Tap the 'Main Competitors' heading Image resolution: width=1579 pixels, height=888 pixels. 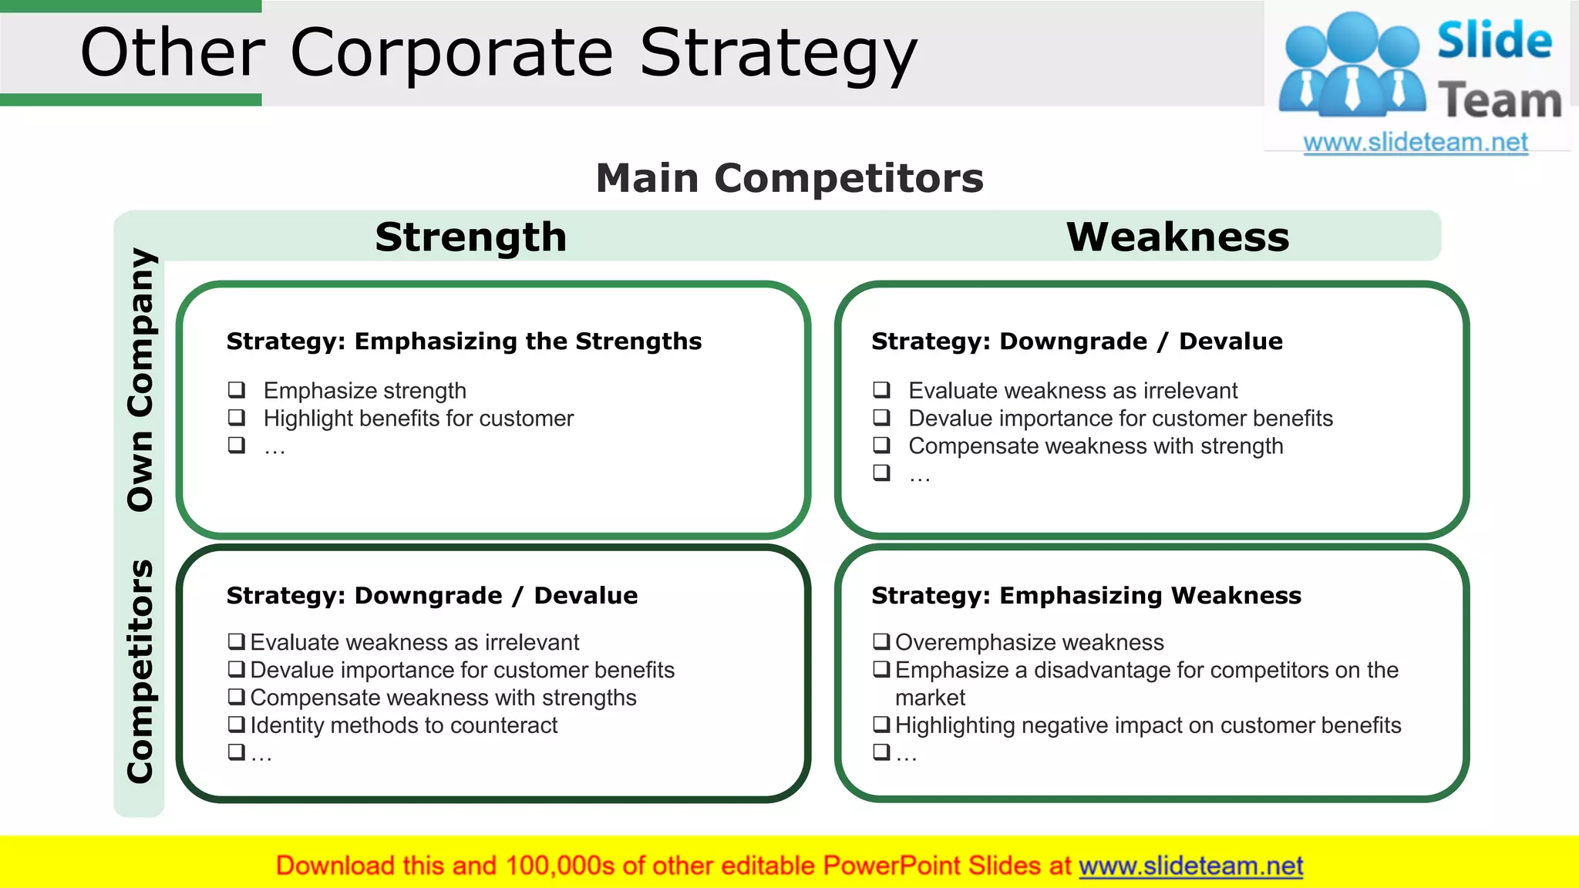pos(789,178)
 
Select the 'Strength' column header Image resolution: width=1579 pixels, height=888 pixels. pos(471,237)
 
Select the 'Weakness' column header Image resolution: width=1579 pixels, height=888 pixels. pos(1177,237)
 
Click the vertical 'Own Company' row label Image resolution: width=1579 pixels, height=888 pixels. pos(141,379)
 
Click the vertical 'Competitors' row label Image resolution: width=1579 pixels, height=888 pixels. pos(141,671)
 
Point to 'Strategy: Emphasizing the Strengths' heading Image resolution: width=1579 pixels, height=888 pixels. pos(463,341)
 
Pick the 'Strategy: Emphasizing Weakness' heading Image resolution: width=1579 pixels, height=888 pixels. pos(1086,595)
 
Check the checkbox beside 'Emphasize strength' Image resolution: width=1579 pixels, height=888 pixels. pos(237,389)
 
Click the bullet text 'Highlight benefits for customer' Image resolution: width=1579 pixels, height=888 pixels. pos(418,419)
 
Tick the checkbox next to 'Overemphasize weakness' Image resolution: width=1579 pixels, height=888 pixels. pos(881,641)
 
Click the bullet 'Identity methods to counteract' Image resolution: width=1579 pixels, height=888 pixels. pos(403,725)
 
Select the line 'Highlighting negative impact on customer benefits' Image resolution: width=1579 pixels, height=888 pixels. pos(1147,725)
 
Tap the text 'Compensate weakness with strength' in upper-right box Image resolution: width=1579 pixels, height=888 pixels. pos(1095,446)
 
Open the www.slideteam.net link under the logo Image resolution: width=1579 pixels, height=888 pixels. pos(1415,143)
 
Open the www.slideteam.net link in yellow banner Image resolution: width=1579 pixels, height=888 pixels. pos(1190,866)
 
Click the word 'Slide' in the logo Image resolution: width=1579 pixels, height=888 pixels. pos(1493,41)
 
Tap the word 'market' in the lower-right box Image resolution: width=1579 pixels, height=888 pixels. pos(930,698)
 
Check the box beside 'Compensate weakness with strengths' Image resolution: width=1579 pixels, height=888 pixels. pos(237,697)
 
